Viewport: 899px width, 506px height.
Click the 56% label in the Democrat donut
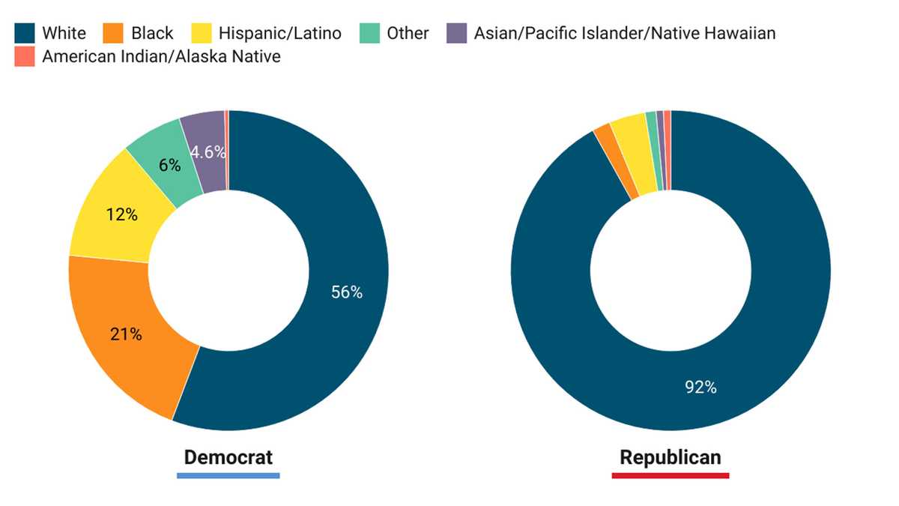[x=347, y=292]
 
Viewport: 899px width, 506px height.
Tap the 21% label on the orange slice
[x=126, y=334]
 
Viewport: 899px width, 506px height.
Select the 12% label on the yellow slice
[x=122, y=215]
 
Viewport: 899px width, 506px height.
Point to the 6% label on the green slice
[x=170, y=165]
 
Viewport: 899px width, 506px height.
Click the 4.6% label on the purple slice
[x=208, y=152]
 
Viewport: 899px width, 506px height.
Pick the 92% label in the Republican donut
[x=700, y=387]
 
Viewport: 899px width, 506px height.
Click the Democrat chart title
[x=228, y=457]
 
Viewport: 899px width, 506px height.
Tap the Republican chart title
[x=671, y=457]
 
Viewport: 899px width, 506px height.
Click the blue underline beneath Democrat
[x=228, y=476]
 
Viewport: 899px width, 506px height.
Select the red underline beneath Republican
[x=671, y=476]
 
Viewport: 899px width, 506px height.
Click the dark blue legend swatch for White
[x=25, y=33]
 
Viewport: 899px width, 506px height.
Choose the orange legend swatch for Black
[x=113, y=33]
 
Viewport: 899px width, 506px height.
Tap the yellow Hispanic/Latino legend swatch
[x=202, y=33]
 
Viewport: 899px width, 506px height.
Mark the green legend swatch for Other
[x=369, y=33]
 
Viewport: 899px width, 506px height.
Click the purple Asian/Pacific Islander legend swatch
[x=457, y=33]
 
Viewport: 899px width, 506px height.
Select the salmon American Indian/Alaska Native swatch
[x=25, y=56]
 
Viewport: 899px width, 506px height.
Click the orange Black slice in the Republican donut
[x=616, y=160]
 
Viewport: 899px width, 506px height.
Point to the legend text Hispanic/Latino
[x=280, y=33]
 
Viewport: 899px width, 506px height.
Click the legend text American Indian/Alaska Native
[x=161, y=57]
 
